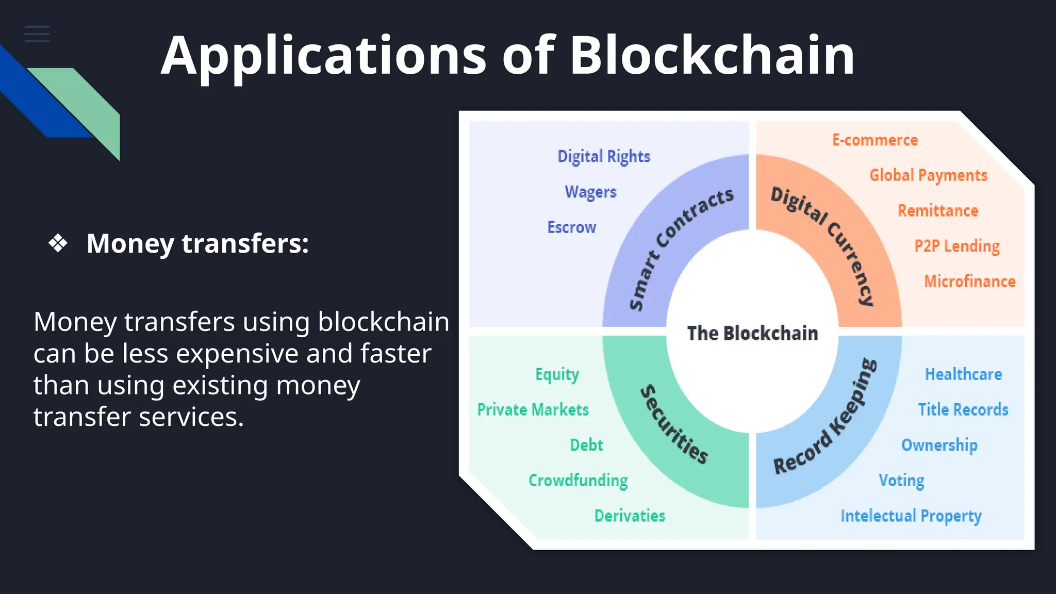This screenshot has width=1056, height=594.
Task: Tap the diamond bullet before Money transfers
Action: pyautogui.click(x=58, y=243)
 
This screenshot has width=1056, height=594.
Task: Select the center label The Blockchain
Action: pyautogui.click(x=752, y=333)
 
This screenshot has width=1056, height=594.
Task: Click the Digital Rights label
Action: pyautogui.click(x=604, y=156)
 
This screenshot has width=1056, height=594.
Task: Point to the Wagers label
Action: pyautogui.click(x=590, y=192)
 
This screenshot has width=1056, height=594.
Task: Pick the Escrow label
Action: pyautogui.click(x=571, y=227)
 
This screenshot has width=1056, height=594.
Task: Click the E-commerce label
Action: pyautogui.click(x=875, y=140)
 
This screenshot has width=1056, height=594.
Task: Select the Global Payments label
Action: pyautogui.click(x=928, y=175)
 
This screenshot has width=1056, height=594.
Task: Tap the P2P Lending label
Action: pyautogui.click(x=957, y=246)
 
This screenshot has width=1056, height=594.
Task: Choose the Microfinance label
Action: pyautogui.click(x=969, y=282)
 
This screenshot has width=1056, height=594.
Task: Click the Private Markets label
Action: pyautogui.click(x=533, y=409)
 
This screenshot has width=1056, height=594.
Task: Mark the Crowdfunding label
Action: pyautogui.click(x=578, y=480)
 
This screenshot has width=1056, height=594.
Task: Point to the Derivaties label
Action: pyautogui.click(x=630, y=516)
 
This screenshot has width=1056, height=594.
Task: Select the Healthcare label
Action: pyautogui.click(x=963, y=374)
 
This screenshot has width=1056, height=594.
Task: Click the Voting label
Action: pyautogui.click(x=901, y=480)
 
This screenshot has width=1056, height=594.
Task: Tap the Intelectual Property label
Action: pyautogui.click(x=911, y=516)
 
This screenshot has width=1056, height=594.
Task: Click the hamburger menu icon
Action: pyautogui.click(x=37, y=34)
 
